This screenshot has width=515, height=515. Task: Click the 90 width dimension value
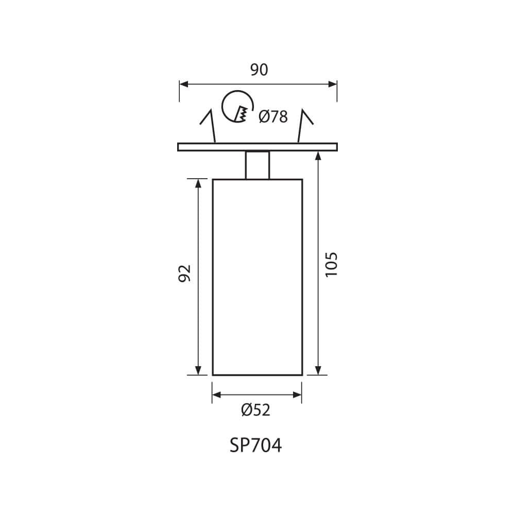point(259,70)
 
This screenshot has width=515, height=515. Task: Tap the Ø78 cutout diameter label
point(273,117)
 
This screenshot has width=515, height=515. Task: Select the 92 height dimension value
point(185,273)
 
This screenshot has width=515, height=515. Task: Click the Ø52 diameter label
point(256,410)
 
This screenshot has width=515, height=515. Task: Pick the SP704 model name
point(256,445)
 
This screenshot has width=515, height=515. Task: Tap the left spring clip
point(209,124)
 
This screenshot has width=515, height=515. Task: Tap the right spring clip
point(305,124)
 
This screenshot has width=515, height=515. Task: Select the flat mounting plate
point(257,147)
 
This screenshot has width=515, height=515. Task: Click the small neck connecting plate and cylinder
point(257,165)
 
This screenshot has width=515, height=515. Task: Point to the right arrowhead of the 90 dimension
point(333,83)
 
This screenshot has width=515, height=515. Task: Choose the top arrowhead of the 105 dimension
point(318,156)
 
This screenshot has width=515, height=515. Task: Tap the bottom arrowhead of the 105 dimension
point(318,371)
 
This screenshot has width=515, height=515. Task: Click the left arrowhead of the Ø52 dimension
point(216,395)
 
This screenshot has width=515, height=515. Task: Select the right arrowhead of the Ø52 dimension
point(298,395)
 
